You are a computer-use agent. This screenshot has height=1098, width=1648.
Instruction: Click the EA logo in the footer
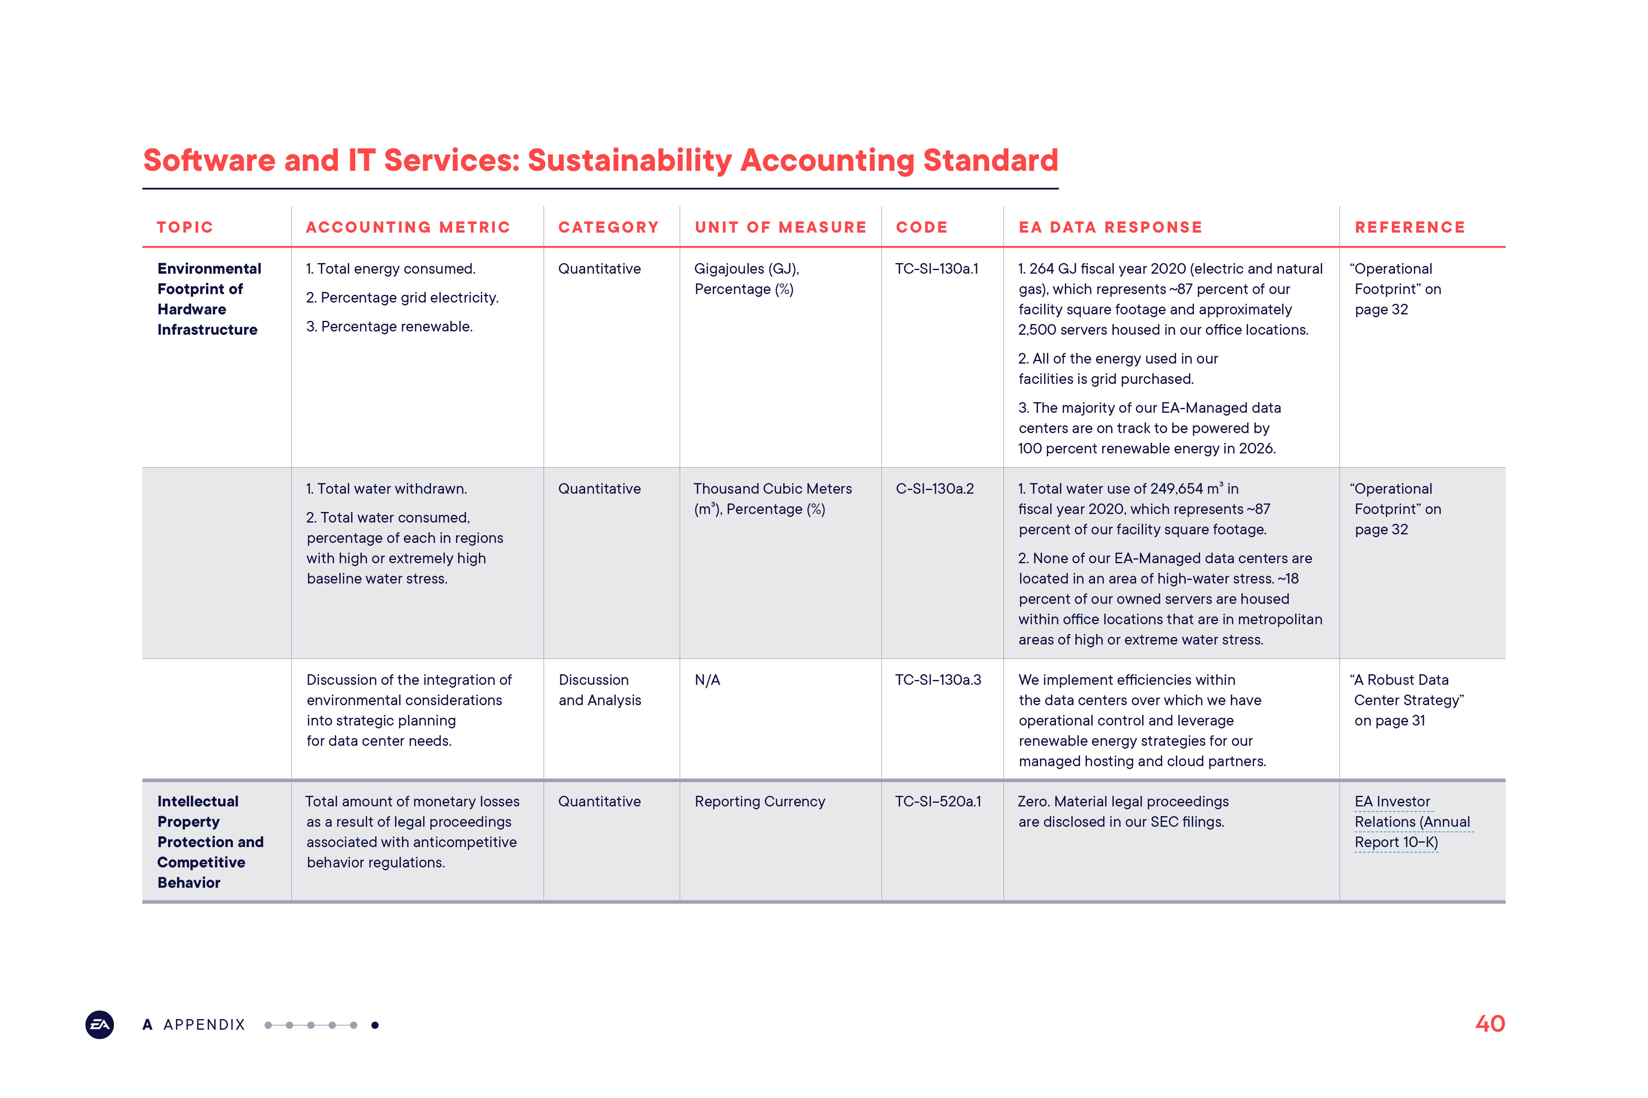pyautogui.click(x=100, y=1024)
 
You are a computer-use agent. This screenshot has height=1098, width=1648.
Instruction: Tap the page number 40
pyautogui.click(x=1490, y=1024)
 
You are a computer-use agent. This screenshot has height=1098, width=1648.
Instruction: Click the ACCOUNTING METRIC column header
pyautogui.click(x=408, y=228)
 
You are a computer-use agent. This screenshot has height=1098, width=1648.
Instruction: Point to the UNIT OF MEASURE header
pyautogui.click(x=780, y=228)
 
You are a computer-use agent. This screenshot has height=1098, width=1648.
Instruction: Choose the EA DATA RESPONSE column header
pyautogui.click(x=1110, y=228)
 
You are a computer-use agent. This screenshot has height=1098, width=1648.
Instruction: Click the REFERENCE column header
pyautogui.click(x=1410, y=228)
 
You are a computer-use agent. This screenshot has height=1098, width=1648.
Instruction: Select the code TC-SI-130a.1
pyautogui.click(x=936, y=269)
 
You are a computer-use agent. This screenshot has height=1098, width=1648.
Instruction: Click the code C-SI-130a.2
pyautogui.click(x=935, y=489)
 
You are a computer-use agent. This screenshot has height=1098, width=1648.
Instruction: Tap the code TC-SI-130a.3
pyautogui.click(x=938, y=680)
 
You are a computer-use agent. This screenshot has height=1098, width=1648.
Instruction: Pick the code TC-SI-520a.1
pyautogui.click(x=938, y=802)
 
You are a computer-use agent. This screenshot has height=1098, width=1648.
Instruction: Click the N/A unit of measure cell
pyautogui.click(x=707, y=680)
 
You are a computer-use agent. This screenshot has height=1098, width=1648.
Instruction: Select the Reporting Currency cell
pyautogui.click(x=760, y=802)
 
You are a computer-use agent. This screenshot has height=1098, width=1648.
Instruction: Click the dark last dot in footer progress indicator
pyautogui.click(x=375, y=1025)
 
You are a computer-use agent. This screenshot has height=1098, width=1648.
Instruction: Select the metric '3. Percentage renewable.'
pyautogui.click(x=389, y=327)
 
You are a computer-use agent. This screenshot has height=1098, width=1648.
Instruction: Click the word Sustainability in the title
pyautogui.click(x=629, y=160)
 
